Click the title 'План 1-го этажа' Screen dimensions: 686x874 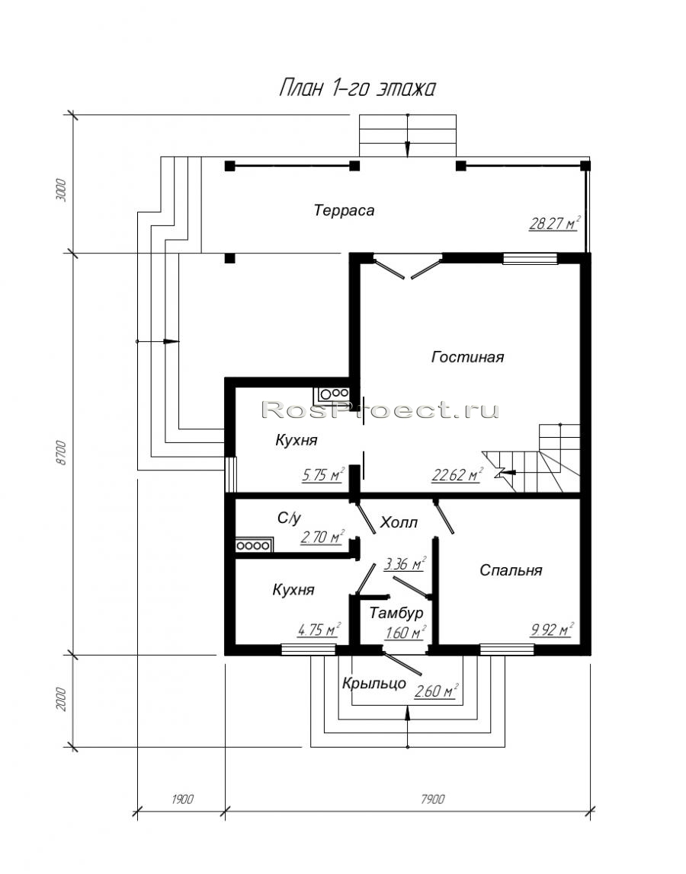pos(357,88)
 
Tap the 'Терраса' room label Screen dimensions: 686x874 pos(344,211)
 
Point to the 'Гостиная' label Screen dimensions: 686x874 pos(468,357)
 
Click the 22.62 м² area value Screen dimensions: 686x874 pos(457,475)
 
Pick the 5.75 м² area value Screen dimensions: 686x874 pos(323,475)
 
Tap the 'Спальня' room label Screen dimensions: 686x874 pos(511,570)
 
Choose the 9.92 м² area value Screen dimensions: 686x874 pos(552,630)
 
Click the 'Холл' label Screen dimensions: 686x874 pos(399,523)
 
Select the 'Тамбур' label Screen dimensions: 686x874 pos(396,613)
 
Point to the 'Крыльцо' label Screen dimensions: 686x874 pos(374,683)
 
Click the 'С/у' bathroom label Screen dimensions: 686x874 pos(289,518)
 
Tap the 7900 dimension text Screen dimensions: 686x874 pos(433,799)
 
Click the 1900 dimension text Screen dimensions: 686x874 pos(182,799)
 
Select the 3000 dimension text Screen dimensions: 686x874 pos(62,190)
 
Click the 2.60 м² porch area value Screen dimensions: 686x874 pos(436,691)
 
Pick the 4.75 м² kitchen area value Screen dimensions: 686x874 pos(319,630)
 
